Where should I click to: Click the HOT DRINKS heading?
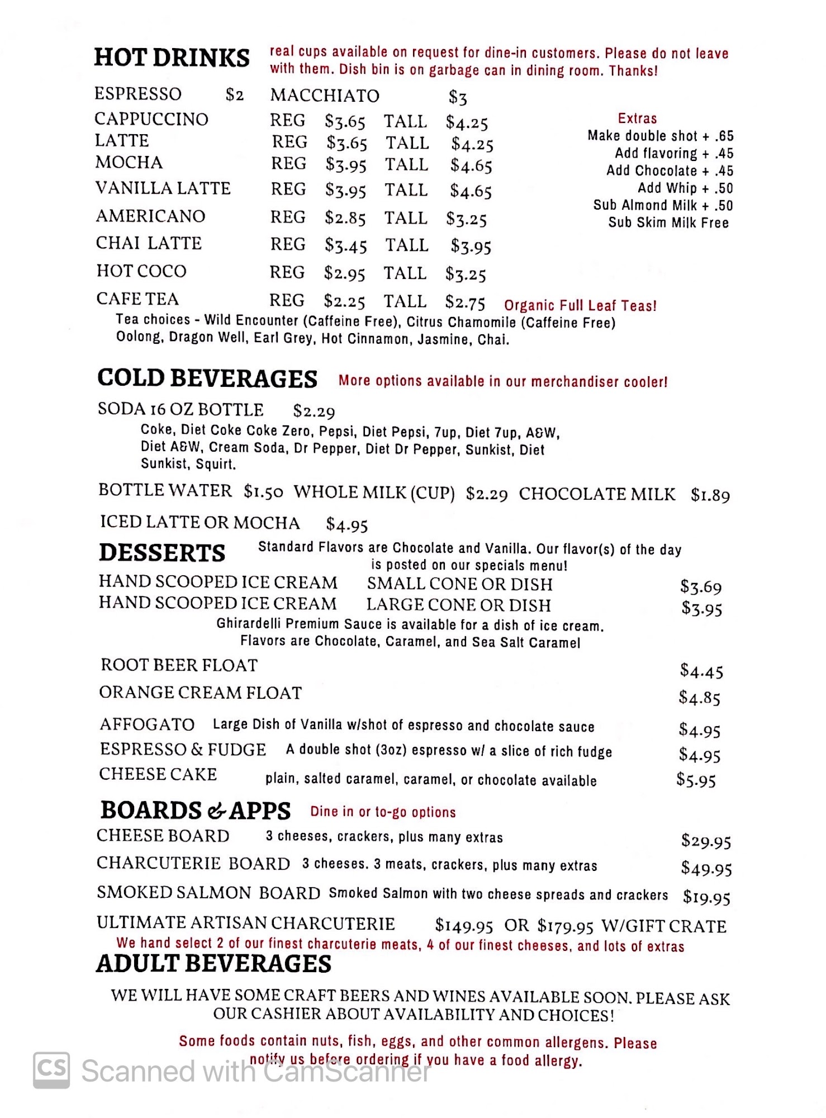tap(172, 58)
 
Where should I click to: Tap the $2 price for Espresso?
tap(235, 95)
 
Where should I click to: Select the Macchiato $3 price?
tap(458, 98)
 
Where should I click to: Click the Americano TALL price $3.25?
tap(466, 219)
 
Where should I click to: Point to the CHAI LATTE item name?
tap(149, 243)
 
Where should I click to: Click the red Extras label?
tap(637, 119)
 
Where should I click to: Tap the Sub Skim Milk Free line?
tap(668, 222)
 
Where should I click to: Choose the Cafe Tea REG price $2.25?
tap(344, 302)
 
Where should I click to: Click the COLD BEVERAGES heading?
tap(207, 378)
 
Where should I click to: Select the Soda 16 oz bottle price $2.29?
tap(314, 411)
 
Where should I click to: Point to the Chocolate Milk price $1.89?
tap(710, 495)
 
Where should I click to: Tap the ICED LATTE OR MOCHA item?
tap(200, 522)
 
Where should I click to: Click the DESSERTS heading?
tap(162, 553)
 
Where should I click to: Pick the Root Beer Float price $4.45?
tap(701, 671)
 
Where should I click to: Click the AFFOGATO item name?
tap(147, 724)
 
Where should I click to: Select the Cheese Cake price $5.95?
tap(696, 780)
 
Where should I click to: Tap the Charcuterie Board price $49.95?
tap(706, 868)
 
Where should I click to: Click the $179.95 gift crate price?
tap(565, 926)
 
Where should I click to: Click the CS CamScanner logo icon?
tap(51, 1070)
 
